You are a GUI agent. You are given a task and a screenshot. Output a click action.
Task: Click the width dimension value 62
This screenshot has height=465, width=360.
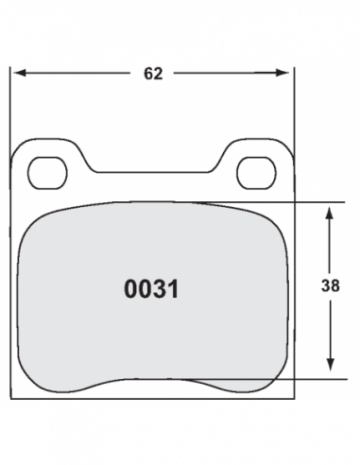click(153, 74)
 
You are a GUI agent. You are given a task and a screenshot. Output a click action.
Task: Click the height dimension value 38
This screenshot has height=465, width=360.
click(331, 285)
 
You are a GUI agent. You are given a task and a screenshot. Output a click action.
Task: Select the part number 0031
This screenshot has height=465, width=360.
click(151, 289)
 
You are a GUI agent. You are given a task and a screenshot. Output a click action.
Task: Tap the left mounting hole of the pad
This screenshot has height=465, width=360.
click(47, 173)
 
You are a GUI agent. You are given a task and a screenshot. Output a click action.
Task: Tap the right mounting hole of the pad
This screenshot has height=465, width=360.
click(256, 173)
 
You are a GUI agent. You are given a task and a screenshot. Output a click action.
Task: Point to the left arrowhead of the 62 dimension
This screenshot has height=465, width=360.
click(20, 73)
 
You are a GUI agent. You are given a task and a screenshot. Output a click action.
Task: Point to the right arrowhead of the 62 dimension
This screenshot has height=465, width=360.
click(282, 73)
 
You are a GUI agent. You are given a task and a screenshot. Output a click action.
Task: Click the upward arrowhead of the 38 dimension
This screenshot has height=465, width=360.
click(330, 213)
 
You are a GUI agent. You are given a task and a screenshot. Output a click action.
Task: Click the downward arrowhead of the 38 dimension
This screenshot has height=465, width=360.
click(330, 365)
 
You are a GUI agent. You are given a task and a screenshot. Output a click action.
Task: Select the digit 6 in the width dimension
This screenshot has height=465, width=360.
click(148, 74)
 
